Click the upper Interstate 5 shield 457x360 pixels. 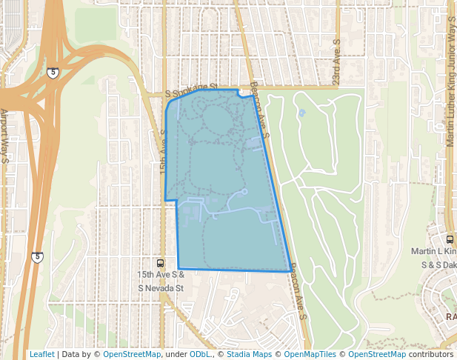pos(53,73)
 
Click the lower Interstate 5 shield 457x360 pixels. pos(37,257)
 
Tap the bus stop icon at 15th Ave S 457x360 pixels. pos(160,263)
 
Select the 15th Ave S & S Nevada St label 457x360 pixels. pos(160,279)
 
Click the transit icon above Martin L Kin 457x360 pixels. pos(450,239)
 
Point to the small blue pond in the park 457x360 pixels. pos(301,113)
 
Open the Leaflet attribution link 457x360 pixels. pos(41,354)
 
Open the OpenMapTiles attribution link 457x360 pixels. pos(310,354)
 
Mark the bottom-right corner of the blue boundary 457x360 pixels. pos(290,272)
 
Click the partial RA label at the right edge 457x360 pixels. pos(450,316)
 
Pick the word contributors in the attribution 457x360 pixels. pos(430,354)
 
